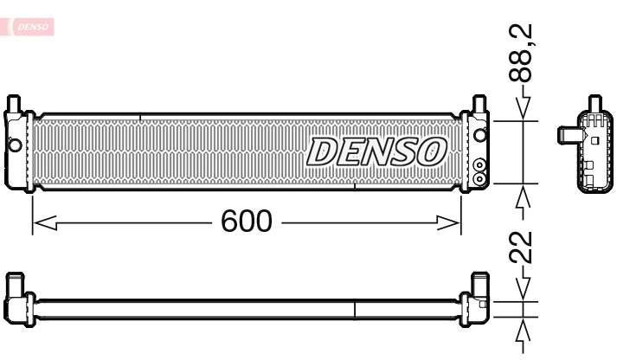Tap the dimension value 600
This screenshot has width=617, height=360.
[x=247, y=222]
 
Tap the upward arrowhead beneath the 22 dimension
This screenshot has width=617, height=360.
[x=523, y=331]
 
